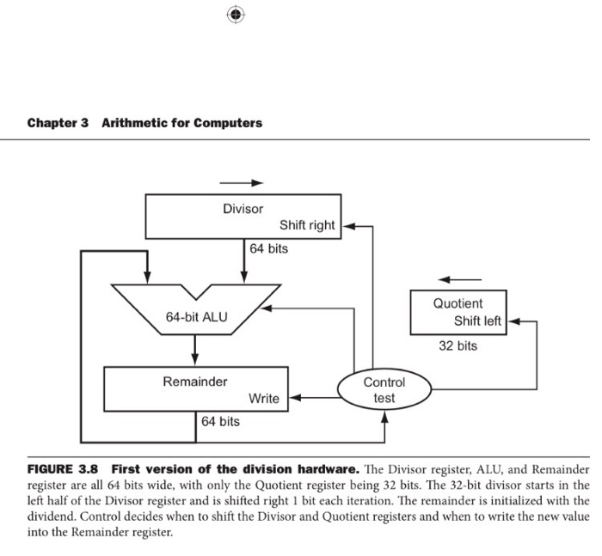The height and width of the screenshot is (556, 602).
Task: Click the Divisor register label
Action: click(x=243, y=209)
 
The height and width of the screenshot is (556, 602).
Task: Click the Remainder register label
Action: click(x=195, y=381)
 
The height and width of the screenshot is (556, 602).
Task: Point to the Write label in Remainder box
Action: click(x=263, y=399)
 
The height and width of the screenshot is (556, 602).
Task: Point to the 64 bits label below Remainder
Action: click(x=221, y=422)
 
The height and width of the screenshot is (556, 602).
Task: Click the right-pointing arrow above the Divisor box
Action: click(x=240, y=183)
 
